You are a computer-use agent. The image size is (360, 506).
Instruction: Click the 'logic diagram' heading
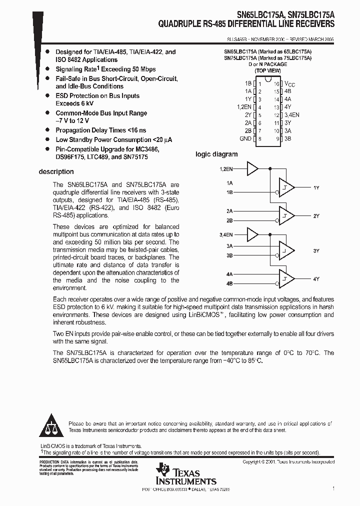click(x=216, y=154)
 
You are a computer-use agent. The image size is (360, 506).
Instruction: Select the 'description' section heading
click(x=56, y=171)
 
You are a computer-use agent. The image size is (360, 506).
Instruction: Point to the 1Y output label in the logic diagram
click(x=316, y=187)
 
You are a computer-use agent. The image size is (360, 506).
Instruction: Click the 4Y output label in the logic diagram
click(x=316, y=278)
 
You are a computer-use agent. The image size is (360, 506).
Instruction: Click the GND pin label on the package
click(x=245, y=138)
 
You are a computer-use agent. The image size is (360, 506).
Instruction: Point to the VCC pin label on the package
click(x=290, y=84)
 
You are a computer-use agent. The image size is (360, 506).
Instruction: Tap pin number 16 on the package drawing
click(x=275, y=84)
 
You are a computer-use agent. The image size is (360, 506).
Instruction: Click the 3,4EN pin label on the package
click(x=292, y=115)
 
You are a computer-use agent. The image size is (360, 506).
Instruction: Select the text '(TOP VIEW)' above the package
click(x=268, y=71)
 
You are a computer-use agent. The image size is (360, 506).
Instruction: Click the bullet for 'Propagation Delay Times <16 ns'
click(x=47, y=130)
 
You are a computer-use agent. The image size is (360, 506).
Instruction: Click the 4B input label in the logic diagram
click(x=229, y=283)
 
